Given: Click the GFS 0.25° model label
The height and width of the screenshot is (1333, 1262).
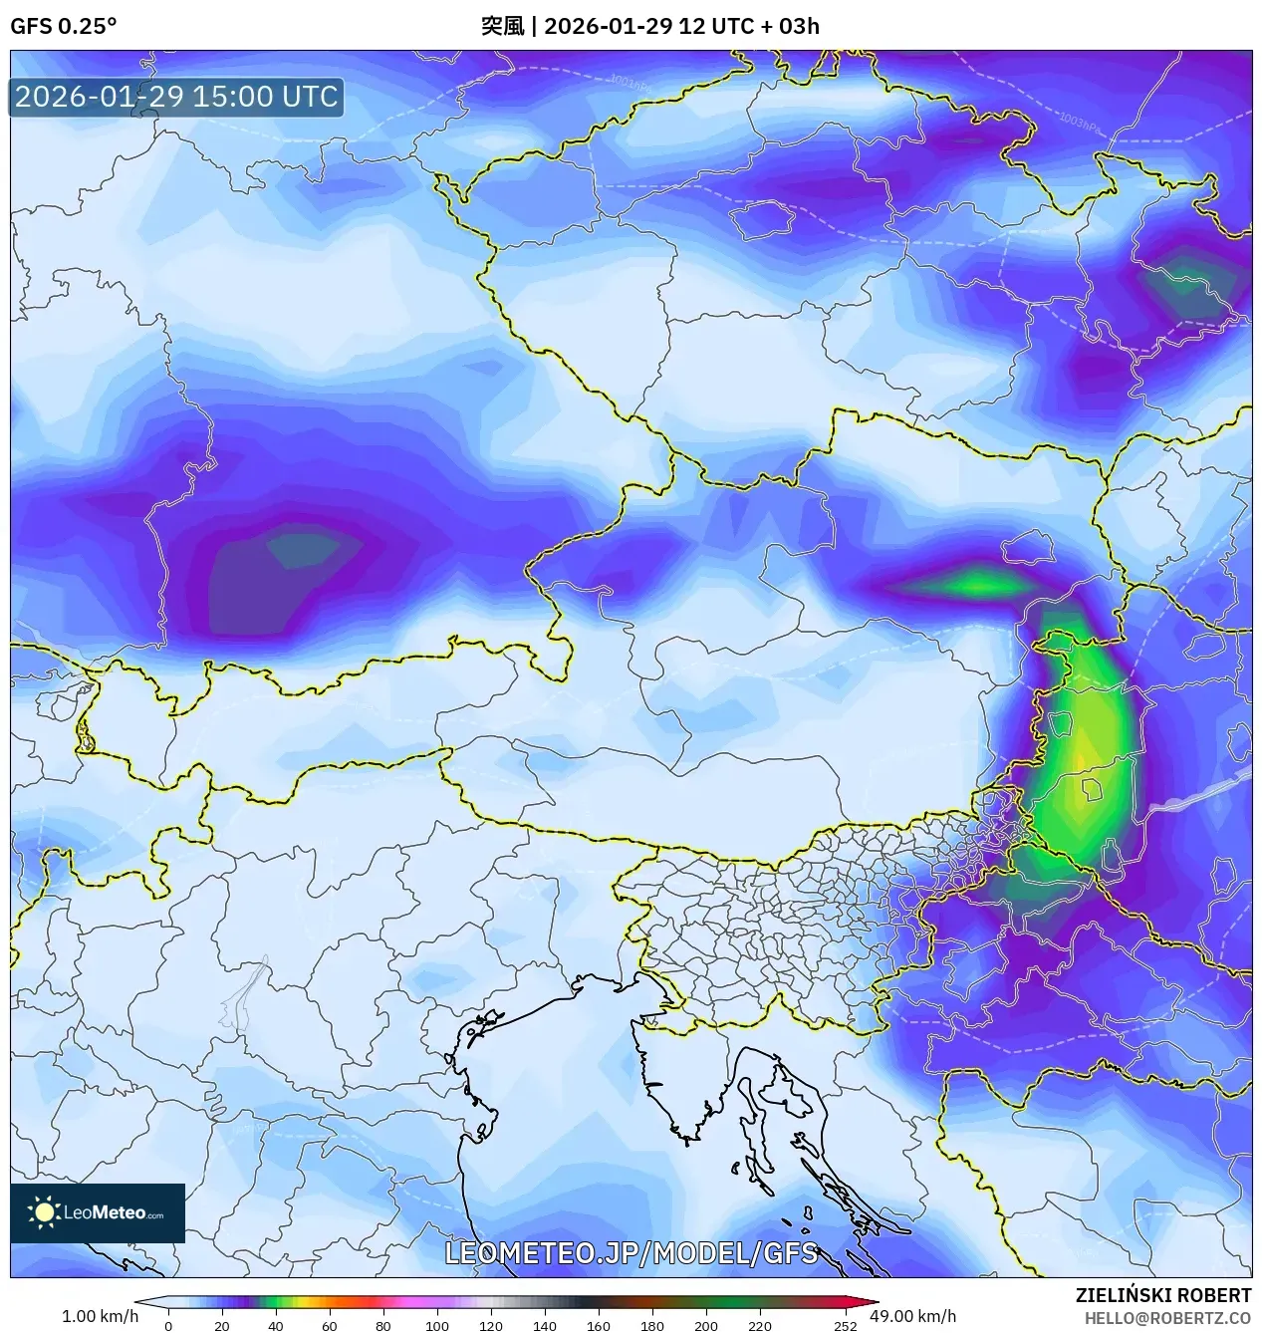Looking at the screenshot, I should click(63, 26).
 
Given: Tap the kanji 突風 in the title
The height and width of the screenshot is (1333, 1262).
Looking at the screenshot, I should click(502, 26).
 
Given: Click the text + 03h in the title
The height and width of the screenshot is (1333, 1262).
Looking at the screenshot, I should click(790, 26).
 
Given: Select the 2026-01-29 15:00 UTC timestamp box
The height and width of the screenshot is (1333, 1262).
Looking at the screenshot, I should click(176, 97).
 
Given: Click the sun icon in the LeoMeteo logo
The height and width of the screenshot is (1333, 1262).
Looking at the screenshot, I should click(44, 1211).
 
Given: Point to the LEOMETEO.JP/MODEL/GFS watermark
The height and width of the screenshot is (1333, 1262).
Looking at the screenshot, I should click(631, 1253).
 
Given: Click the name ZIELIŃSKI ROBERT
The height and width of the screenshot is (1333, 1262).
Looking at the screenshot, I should click(1162, 1295).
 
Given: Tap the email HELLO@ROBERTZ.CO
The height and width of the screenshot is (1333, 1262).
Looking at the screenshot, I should click(1167, 1318).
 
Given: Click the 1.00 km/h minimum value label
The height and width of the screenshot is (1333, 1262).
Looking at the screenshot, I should click(100, 1316).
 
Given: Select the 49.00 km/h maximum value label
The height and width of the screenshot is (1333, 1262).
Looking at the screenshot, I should click(912, 1316).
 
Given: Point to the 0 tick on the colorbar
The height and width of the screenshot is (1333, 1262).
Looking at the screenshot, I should click(168, 1326).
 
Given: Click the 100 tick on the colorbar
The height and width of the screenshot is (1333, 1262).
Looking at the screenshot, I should click(436, 1326).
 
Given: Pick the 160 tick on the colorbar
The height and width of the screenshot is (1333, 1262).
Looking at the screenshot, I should click(598, 1326).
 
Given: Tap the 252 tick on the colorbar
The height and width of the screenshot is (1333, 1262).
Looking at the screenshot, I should click(845, 1326).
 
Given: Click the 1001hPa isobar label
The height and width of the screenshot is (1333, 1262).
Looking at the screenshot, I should click(630, 83).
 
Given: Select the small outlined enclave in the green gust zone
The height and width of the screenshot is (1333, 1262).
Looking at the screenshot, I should click(1092, 790).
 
